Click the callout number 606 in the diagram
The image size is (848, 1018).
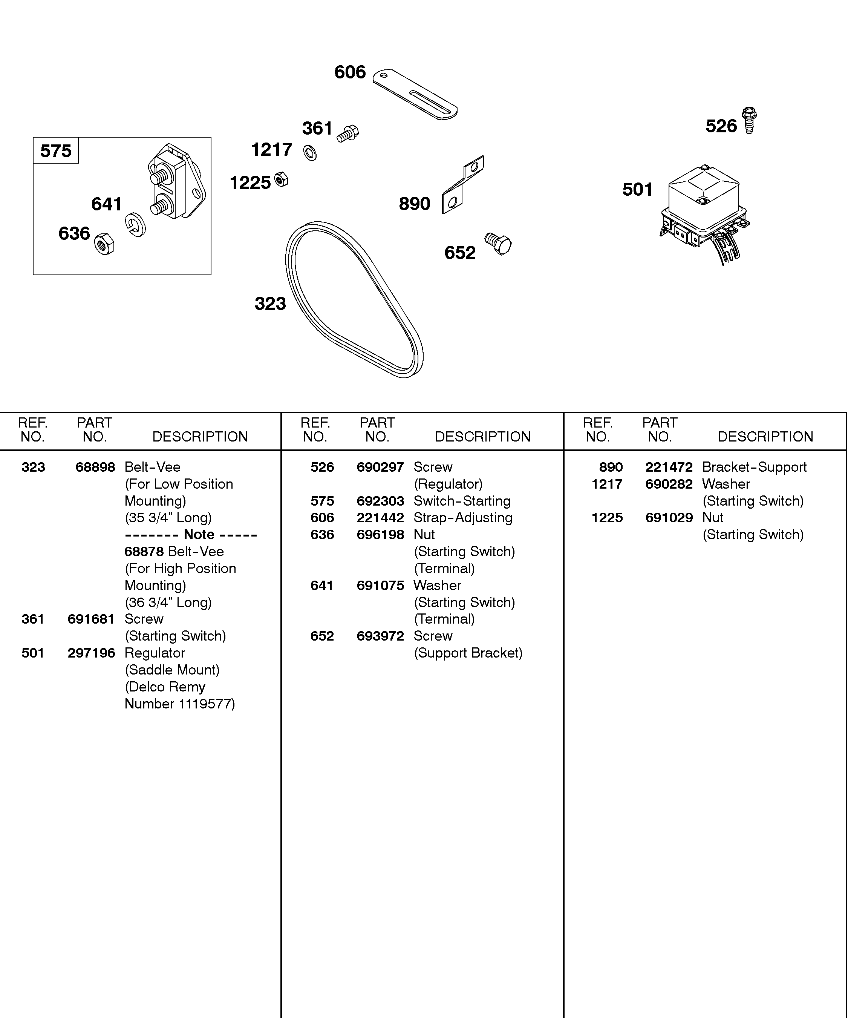[x=350, y=72]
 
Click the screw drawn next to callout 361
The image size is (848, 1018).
[x=348, y=133]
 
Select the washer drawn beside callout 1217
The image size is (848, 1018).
[x=310, y=153]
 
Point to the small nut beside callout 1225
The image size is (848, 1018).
[x=280, y=179]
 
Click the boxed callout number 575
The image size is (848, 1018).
[x=56, y=151]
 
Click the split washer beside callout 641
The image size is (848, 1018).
[x=135, y=224]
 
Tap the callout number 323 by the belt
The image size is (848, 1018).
[x=270, y=304]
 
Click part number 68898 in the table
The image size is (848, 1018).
[x=95, y=467]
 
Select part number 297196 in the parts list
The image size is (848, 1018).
[x=91, y=653]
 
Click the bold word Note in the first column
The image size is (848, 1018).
[x=199, y=534]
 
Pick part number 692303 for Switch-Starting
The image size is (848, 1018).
[x=380, y=501]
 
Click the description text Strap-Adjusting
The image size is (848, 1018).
[x=463, y=518]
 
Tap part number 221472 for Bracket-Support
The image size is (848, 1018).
[x=669, y=467]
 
